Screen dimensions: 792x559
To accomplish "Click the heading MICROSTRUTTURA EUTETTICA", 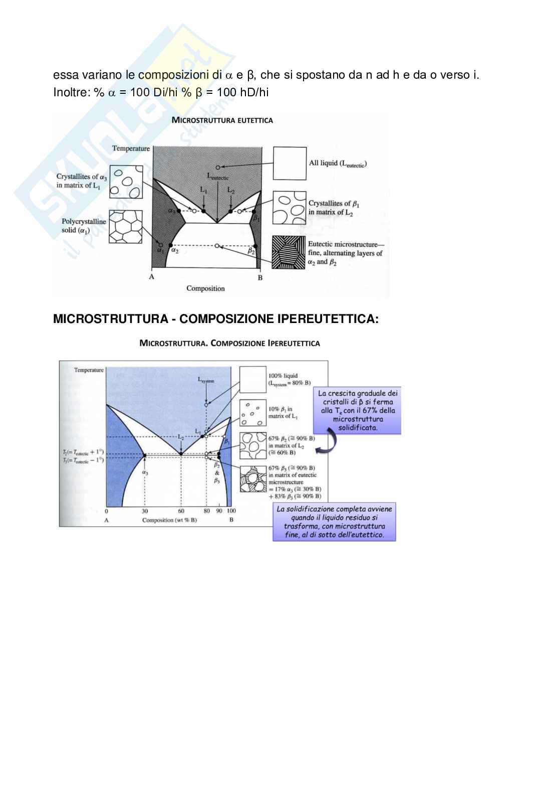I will tap(222, 120).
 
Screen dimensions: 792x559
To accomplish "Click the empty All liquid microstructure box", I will tap(290, 163).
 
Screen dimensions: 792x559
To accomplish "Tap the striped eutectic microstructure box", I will tap(289, 253).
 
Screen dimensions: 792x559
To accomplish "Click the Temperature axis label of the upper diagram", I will tap(131, 148).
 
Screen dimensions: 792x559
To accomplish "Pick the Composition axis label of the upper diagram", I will tap(205, 288).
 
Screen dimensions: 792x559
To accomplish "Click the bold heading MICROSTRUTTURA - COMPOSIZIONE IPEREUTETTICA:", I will tap(215, 319).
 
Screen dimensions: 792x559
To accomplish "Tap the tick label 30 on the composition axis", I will tap(145, 512).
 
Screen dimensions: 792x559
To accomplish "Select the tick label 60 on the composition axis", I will tap(181, 512).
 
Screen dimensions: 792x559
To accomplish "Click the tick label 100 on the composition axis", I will tap(231, 512).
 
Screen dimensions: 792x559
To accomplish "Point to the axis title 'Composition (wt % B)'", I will tap(170, 520).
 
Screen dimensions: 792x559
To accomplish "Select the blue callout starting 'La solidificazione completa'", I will tap(334, 522).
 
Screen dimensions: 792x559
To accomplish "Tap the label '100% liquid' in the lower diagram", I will tap(283, 376).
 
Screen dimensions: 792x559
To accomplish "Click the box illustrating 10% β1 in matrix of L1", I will tap(252, 413).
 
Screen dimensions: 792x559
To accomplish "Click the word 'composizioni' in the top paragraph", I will tap(173, 75).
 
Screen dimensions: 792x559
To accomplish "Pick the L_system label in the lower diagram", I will tap(206, 381).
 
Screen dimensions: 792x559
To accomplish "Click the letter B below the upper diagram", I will tap(260, 278).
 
